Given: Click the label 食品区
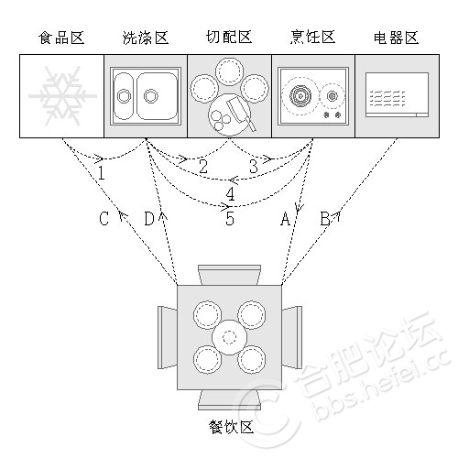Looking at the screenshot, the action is [x=61, y=38].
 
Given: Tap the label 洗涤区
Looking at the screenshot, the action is [x=146, y=38].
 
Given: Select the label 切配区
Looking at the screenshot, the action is [x=229, y=38].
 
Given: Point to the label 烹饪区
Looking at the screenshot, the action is [x=312, y=38].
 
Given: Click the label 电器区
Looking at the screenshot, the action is [x=396, y=38].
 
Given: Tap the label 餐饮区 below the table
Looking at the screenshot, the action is [x=232, y=427].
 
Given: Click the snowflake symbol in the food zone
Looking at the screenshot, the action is [x=62, y=96].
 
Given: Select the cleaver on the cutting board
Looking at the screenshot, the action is [x=241, y=114].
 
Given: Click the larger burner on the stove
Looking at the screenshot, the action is [x=300, y=96].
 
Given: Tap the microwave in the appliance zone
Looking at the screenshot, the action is [x=397, y=95].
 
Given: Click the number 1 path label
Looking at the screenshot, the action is [x=102, y=173].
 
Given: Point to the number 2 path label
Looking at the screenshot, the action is [x=203, y=167].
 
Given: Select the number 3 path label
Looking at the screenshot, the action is [x=254, y=167].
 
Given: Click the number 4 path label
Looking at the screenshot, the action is [x=230, y=193].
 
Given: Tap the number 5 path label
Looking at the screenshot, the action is [x=230, y=218].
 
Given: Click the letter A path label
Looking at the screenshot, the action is [x=285, y=218].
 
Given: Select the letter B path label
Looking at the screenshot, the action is [x=325, y=218].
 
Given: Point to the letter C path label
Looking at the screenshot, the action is [x=104, y=218].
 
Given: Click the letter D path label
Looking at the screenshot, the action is [x=149, y=218].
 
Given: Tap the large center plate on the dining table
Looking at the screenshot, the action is [x=229, y=337].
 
